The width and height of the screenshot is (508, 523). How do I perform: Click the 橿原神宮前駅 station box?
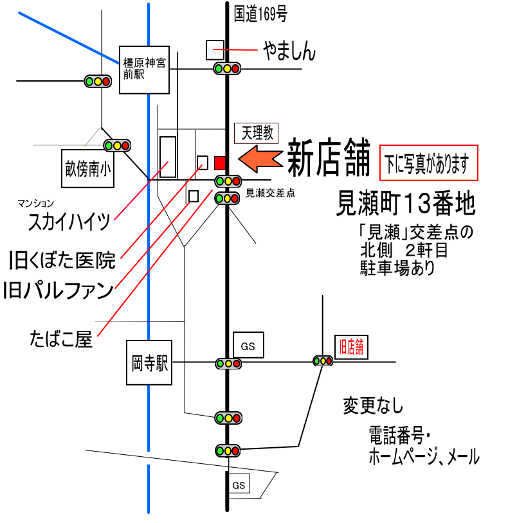[144, 69]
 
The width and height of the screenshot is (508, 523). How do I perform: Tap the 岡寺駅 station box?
[149, 364]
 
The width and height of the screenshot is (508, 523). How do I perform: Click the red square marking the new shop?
[220, 161]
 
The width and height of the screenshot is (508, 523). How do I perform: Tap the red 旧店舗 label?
[351, 348]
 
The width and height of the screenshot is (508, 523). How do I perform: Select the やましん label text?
[289, 51]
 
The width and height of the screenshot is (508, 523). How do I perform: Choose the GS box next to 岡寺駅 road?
[248, 346]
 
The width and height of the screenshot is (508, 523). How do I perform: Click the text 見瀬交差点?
[270, 193]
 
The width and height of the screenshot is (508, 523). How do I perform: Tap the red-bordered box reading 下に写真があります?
[429, 163]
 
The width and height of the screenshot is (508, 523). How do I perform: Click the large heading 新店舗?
[328, 158]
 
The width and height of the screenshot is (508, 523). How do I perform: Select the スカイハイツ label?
[70, 222]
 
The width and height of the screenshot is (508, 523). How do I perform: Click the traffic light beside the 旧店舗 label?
[323, 360]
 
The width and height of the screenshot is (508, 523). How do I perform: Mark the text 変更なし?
[373, 406]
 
